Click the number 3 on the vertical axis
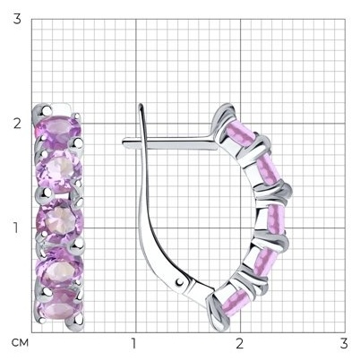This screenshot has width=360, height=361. [x=17, y=19]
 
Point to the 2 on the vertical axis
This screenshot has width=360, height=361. [x=17, y=124]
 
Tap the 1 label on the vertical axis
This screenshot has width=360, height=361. [x=16, y=228]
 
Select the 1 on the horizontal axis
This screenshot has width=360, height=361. [x=134, y=344]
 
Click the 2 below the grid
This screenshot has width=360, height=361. [x=239, y=344]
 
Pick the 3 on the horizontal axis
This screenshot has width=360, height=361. [x=344, y=344]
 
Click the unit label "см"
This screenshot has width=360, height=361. [x=20, y=343]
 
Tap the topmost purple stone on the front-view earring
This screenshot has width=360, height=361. [x=58, y=132]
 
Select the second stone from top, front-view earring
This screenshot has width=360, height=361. [x=59, y=171]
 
